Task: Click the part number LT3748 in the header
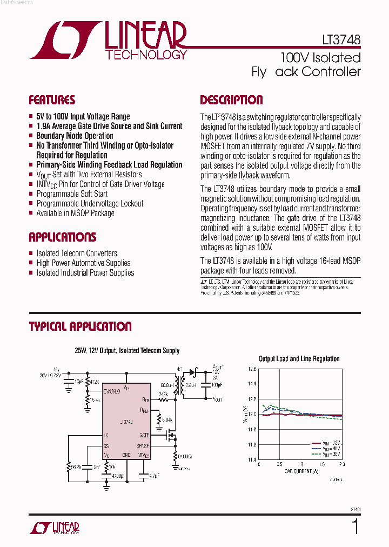(x=338, y=41)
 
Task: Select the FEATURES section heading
(x=52, y=100)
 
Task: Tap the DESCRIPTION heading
(x=231, y=100)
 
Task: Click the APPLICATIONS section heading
(x=62, y=237)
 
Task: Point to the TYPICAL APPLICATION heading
(x=80, y=326)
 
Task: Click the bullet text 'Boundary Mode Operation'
(x=75, y=136)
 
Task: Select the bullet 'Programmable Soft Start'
(x=72, y=194)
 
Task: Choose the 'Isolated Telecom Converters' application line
(x=77, y=253)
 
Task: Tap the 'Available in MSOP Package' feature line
(x=75, y=213)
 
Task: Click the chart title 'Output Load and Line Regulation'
(x=299, y=358)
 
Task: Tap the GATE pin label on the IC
(x=144, y=435)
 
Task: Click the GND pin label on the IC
(x=126, y=455)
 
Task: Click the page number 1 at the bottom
(x=355, y=526)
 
